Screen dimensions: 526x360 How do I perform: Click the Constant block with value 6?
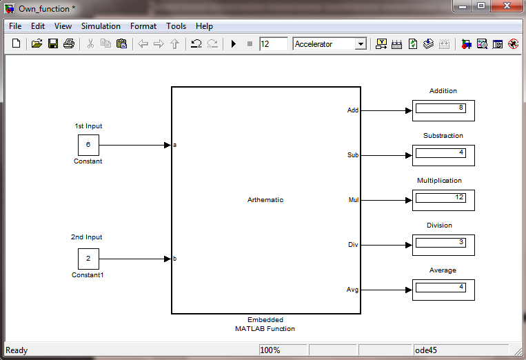88,145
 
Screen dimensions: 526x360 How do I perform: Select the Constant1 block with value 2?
88,259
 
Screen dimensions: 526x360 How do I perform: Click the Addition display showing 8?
443,110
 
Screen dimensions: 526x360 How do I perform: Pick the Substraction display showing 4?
443,155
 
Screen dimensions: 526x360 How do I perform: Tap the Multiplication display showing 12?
443,200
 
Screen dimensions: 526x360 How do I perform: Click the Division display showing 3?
443,245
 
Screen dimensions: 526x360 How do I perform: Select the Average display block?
443,290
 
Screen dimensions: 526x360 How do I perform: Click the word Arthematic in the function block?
265,199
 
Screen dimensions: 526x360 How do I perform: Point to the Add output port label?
353,110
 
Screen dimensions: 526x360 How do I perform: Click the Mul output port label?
354,199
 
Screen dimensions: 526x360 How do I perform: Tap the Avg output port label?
352,290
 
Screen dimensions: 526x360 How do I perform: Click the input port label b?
175,259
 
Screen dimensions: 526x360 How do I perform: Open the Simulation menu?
101,26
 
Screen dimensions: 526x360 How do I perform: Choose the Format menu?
143,26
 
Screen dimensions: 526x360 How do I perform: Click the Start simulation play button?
234,43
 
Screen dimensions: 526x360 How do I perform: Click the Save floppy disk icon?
53,43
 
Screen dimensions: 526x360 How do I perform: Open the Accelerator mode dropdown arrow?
361,44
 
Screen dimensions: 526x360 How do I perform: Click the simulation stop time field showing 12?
274,44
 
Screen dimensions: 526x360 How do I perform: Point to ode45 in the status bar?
426,350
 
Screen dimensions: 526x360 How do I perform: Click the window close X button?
507,6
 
